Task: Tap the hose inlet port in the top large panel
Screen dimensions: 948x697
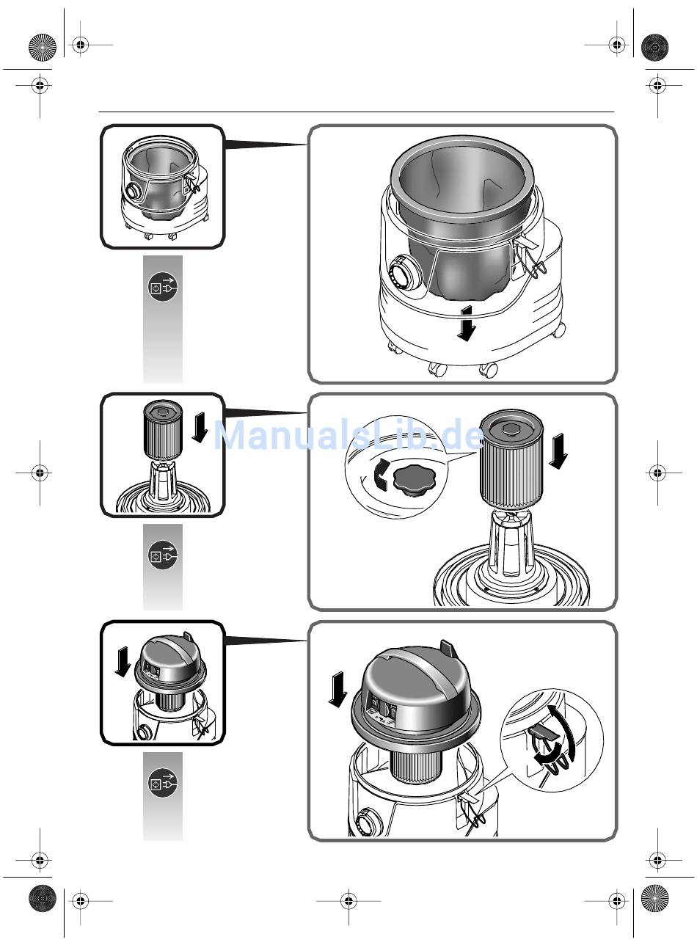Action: (x=402, y=274)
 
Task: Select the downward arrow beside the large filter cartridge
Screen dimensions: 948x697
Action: (x=558, y=451)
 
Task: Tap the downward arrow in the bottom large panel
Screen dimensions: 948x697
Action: (x=337, y=690)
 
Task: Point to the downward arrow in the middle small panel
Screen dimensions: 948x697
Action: (x=200, y=429)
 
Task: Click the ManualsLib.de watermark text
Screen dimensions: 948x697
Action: (x=348, y=436)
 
